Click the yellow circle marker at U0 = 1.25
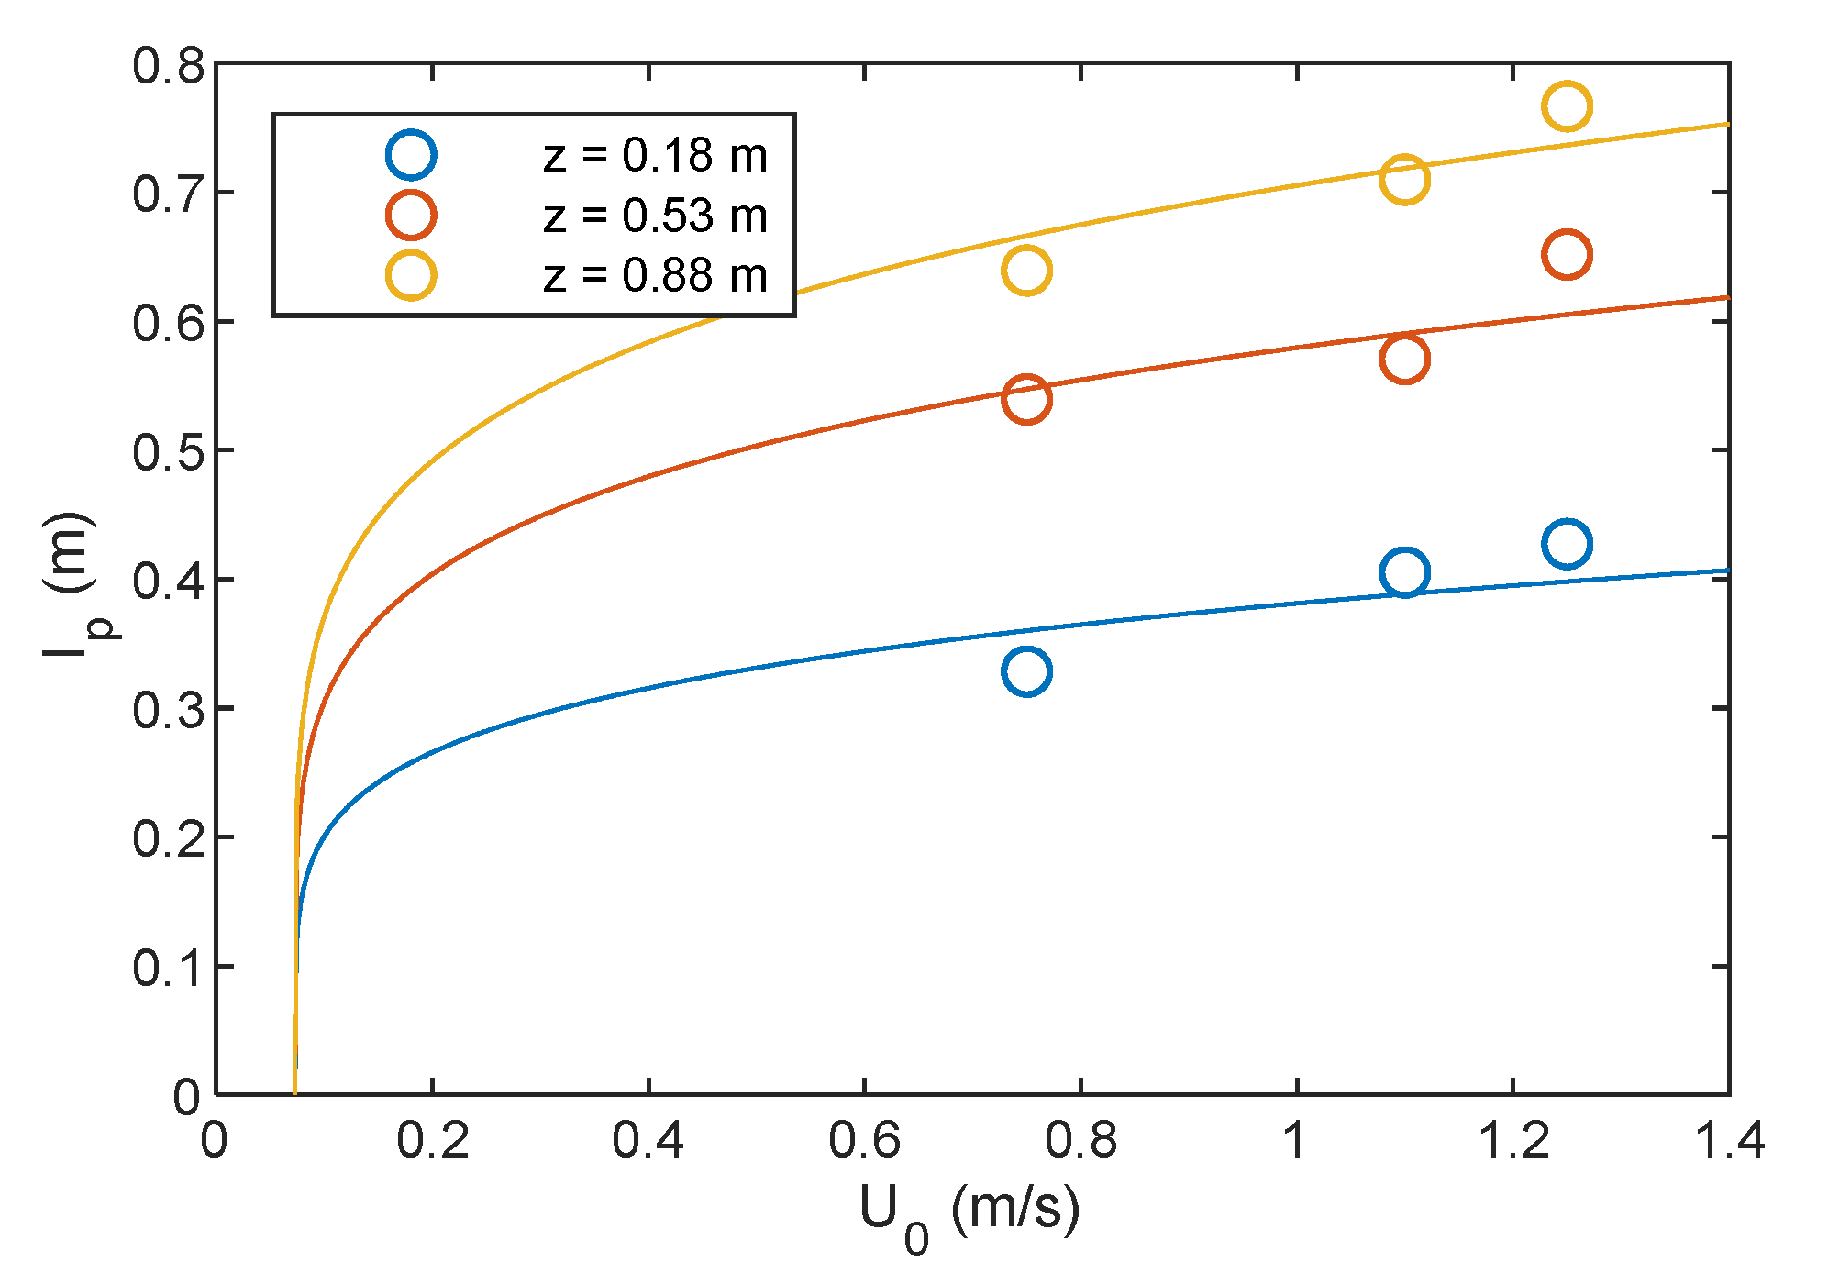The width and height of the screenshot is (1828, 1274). [x=1566, y=106]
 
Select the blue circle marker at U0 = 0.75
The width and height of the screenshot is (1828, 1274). [x=1026, y=671]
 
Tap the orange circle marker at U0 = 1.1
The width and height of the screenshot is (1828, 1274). [x=1403, y=359]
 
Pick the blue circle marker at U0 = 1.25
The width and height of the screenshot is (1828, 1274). [x=1566, y=544]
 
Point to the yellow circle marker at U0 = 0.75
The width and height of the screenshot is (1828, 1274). [x=1026, y=271]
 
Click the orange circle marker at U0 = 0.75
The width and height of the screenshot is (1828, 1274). [x=1026, y=399]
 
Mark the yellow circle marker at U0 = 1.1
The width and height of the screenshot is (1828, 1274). [x=1403, y=179]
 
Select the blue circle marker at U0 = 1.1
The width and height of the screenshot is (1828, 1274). [x=1403, y=573]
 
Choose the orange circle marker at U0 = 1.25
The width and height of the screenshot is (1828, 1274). [x=1566, y=254]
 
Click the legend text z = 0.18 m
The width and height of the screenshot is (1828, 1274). [x=655, y=155]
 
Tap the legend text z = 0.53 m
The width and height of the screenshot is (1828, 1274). [x=655, y=216]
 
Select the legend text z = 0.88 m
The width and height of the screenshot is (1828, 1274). [x=655, y=275]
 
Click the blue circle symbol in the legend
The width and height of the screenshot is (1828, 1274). [x=410, y=155]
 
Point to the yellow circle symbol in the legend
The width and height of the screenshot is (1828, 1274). [x=410, y=275]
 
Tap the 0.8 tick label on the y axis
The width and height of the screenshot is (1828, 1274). [x=167, y=66]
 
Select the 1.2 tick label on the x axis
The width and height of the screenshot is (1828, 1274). [x=1512, y=1141]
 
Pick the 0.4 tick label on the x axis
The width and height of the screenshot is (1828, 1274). [x=648, y=1141]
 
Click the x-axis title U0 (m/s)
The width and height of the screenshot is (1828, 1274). [x=969, y=1213]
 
